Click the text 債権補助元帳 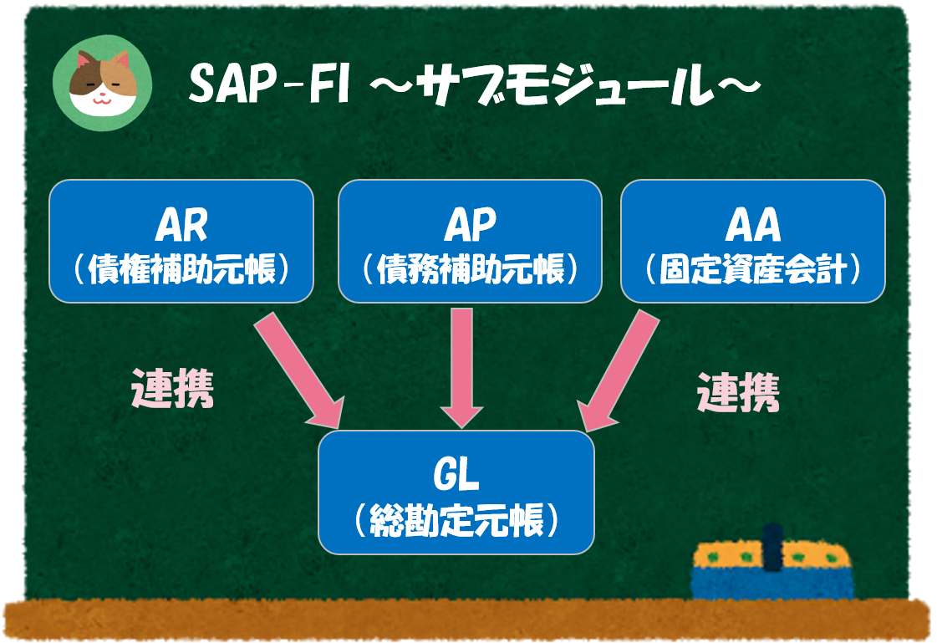181,269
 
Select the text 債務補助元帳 470,269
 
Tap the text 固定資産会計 752,269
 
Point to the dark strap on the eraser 773,549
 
